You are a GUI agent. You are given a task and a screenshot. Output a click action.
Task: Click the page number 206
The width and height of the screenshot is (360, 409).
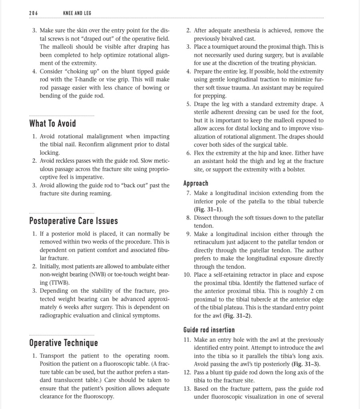(x=33, y=13)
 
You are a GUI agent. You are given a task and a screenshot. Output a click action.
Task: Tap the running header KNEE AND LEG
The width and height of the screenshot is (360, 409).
(x=77, y=13)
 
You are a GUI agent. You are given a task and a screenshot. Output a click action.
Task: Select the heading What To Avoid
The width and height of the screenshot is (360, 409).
(x=52, y=123)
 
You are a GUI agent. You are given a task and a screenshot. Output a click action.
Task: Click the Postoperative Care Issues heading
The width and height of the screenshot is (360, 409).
(x=74, y=221)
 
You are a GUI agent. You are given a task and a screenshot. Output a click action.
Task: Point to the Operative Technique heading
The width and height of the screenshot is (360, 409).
(x=64, y=343)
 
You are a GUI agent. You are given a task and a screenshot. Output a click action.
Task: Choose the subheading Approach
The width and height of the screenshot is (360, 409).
(x=196, y=184)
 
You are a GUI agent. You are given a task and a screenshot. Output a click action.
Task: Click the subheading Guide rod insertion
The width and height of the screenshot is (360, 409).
(x=209, y=330)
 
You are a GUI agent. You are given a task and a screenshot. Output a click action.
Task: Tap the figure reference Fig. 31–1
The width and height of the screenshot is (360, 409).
(x=207, y=209)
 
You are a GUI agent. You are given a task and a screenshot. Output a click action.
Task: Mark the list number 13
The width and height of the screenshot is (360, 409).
(x=187, y=389)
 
